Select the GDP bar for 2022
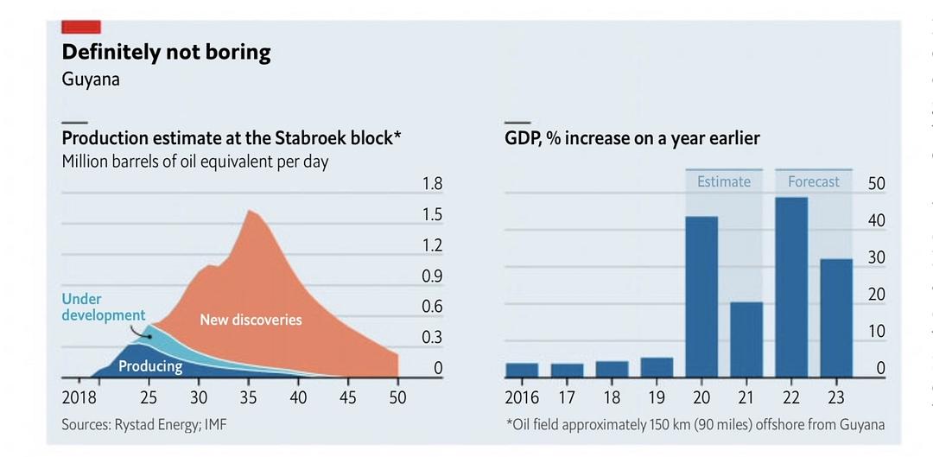click(x=791, y=287)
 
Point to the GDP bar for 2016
click(x=522, y=370)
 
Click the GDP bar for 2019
click(x=657, y=367)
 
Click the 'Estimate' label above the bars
click(x=724, y=181)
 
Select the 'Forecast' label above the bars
click(x=814, y=181)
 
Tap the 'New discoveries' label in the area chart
click(x=251, y=320)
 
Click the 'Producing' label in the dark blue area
click(x=150, y=366)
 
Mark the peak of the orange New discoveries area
click(x=251, y=211)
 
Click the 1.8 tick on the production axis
click(x=432, y=184)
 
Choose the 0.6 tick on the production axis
click(x=432, y=307)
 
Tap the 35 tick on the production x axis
click(x=249, y=398)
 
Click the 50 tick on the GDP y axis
click(x=877, y=184)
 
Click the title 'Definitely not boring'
click(x=166, y=52)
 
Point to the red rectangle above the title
click(x=80, y=26)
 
